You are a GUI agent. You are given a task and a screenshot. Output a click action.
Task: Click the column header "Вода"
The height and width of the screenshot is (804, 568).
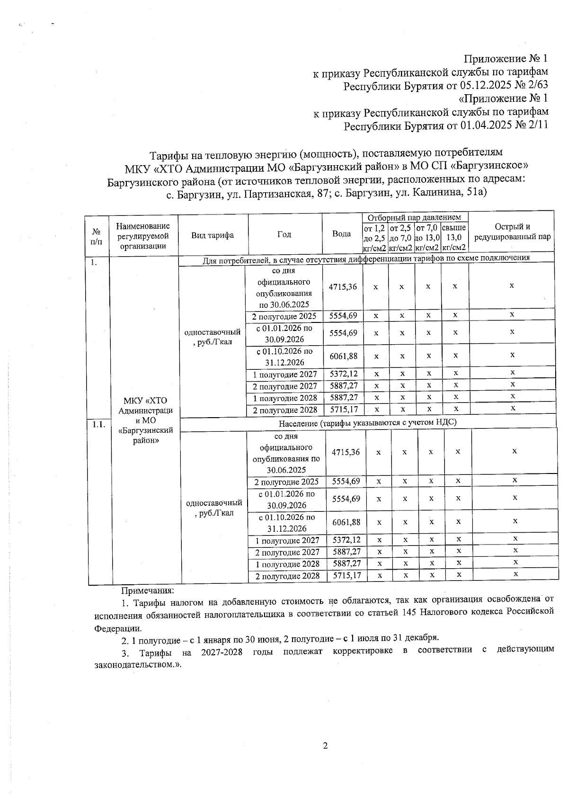(x=341, y=234)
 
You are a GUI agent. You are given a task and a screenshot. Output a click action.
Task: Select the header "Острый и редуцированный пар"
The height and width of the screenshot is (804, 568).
(x=512, y=232)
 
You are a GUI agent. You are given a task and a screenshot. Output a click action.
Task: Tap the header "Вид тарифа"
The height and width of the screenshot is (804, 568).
(x=213, y=235)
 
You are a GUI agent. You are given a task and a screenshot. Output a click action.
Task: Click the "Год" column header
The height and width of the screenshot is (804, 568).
(x=284, y=234)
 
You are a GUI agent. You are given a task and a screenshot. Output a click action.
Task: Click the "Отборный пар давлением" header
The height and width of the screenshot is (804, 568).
(x=415, y=217)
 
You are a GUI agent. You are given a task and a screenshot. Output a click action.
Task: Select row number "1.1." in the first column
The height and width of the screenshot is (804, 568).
(x=98, y=424)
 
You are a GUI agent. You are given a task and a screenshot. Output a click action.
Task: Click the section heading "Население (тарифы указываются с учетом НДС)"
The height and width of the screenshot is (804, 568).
(x=367, y=422)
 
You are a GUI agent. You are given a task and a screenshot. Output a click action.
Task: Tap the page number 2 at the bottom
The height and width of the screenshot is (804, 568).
(x=325, y=746)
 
